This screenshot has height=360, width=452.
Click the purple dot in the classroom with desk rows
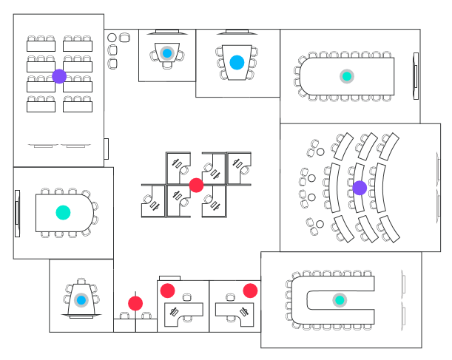(59, 76)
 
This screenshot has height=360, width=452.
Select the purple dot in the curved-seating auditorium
(360, 188)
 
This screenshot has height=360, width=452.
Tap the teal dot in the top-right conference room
(346, 76)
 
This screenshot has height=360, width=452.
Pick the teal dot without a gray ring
(63, 212)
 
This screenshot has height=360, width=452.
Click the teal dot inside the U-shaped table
(340, 300)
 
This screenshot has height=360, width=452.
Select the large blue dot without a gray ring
(237, 63)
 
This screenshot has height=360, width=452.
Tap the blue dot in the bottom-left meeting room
(81, 300)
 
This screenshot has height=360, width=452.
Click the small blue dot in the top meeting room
(167, 53)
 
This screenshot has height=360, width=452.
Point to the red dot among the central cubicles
(196, 185)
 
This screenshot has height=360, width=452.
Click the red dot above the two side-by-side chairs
(135, 303)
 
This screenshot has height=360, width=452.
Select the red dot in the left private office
(168, 291)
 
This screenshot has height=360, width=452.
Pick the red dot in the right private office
(250, 291)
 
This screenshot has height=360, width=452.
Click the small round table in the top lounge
(112, 37)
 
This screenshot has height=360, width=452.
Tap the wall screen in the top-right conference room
(416, 76)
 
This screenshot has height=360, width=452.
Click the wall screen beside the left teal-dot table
(17, 212)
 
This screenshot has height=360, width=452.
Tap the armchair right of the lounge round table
(124, 37)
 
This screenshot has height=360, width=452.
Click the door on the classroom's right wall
(107, 149)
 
